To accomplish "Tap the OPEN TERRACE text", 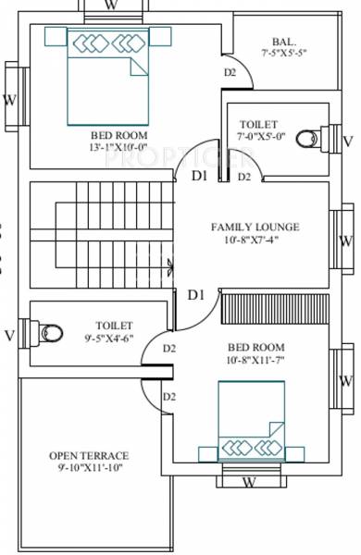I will pos(89,456).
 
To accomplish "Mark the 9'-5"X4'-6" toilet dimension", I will pos(114,338).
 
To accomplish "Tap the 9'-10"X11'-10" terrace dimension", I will pos(89,468).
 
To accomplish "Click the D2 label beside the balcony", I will pos(230,73).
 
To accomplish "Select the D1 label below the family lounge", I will pos(195,295).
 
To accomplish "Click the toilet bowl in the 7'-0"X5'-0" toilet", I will pos(317,139).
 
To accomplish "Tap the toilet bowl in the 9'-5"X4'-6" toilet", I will pos(49,331).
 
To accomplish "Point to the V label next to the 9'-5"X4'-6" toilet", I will pos(8,334).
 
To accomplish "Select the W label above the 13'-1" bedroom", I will pos(111,6).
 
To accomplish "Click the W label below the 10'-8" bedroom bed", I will pos(249,482).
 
